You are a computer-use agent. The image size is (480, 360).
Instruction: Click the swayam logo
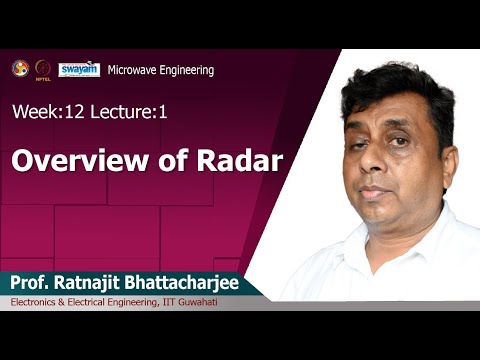point(78,69)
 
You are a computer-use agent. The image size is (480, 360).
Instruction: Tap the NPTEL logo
point(42,69)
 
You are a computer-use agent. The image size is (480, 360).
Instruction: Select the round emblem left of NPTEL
point(19,68)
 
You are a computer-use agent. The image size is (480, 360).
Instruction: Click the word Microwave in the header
point(134,70)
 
